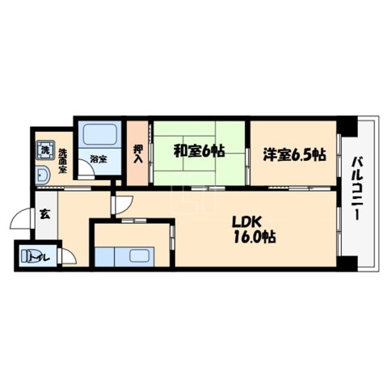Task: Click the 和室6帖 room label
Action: (x=198, y=150)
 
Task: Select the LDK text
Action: (x=248, y=221)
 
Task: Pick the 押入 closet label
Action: (x=137, y=154)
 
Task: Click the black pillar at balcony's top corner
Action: (x=347, y=127)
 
